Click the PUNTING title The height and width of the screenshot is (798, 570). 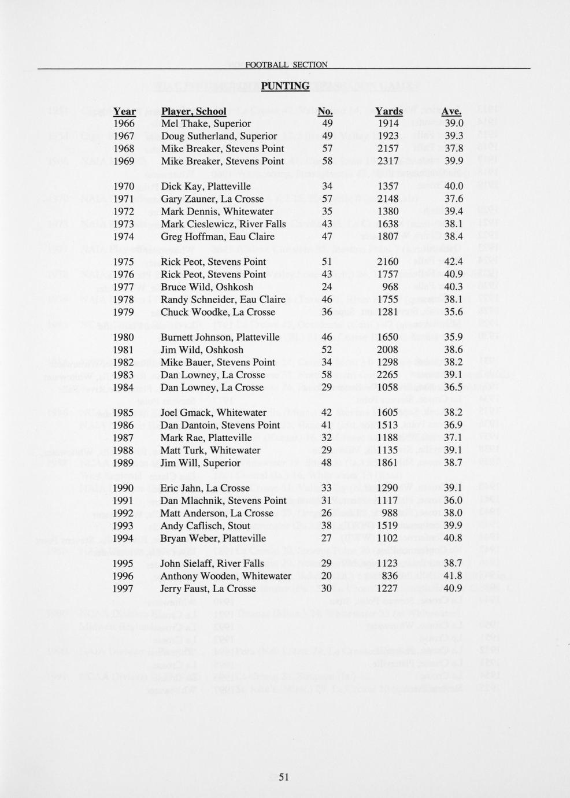[x=285, y=86]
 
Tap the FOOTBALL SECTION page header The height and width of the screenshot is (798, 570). [x=286, y=65]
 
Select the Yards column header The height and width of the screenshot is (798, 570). [x=388, y=111]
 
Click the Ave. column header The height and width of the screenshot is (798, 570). [x=451, y=111]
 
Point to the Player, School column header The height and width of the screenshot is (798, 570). [x=194, y=111]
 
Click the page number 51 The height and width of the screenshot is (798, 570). [x=283, y=777]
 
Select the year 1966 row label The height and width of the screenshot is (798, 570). [x=124, y=124]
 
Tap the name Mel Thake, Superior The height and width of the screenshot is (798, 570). [x=206, y=124]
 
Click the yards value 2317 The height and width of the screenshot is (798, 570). [x=387, y=161]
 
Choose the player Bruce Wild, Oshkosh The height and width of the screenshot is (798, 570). [x=206, y=287]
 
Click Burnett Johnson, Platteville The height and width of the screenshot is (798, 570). [x=220, y=337]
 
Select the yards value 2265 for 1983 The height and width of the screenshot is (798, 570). [x=387, y=375]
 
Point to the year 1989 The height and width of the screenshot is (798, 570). [x=124, y=463]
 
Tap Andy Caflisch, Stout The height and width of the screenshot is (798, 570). [x=205, y=526]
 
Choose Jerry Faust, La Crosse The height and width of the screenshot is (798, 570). [x=208, y=589]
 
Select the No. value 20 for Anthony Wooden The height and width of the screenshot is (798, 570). [x=326, y=576]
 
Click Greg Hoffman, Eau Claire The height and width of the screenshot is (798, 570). [x=217, y=237]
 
